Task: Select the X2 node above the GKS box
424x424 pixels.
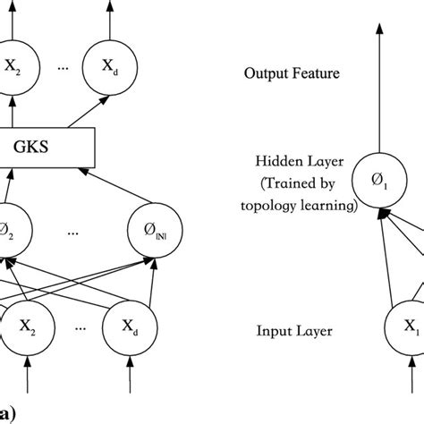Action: click(15, 66)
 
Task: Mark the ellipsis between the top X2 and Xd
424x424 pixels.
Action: click(58, 67)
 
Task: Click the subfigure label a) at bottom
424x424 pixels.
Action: click(7, 412)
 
